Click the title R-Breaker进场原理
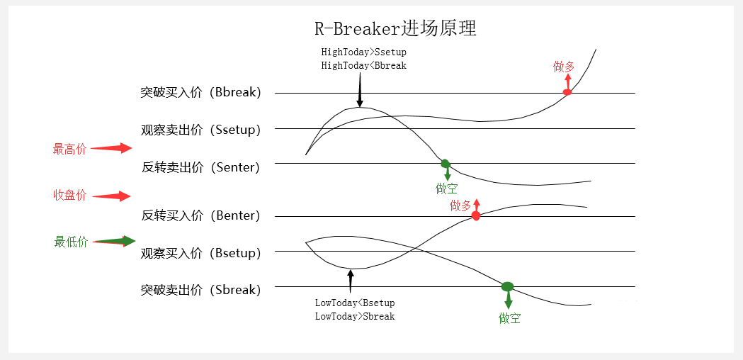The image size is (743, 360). [395, 29]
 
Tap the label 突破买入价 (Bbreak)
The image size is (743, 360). [200, 93]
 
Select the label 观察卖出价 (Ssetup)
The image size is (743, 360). [200, 130]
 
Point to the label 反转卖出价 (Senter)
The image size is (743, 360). [200, 167]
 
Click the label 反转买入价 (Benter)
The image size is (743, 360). [200, 215]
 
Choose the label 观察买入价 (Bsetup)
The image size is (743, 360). [200, 253]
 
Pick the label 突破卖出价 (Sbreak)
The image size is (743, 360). [200, 290]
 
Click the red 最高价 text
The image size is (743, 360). [69, 149]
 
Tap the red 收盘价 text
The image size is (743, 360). [69, 196]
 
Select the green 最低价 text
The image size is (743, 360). [70, 242]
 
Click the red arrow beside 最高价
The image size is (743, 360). [111, 148]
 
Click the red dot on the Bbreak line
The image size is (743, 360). [567, 92]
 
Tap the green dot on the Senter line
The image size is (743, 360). [446, 164]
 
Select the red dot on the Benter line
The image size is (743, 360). [476, 215]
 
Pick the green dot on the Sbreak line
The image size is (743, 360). [507, 286]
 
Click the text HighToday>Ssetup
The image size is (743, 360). [363, 52]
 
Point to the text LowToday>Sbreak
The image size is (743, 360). [354, 316]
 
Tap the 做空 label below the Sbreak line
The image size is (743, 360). [509, 318]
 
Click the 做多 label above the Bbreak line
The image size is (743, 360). [564, 67]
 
